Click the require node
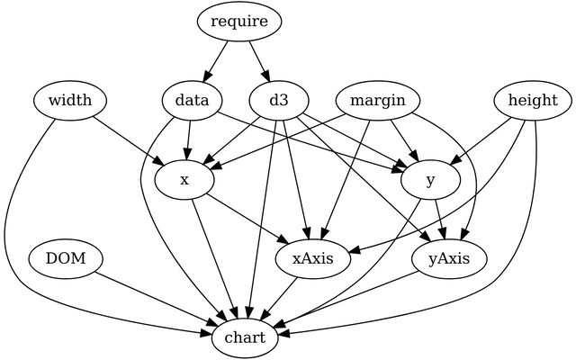[239, 22]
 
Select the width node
[70, 100]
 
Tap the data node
[192, 100]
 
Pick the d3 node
[279, 100]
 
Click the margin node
[378, 100]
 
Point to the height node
[533, 100]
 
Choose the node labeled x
[184, 180]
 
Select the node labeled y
[430, 180]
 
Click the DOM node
[66, 259]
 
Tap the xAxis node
[313, 259]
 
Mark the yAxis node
[449, 259]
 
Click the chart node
[245, 338]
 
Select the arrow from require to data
[216, 61]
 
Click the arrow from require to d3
[260, 61]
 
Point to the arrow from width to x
[128, 141]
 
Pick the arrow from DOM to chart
[156, 299]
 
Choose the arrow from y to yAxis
[440, 220]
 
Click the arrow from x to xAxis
[247, 218]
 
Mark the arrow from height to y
[481, 141]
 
